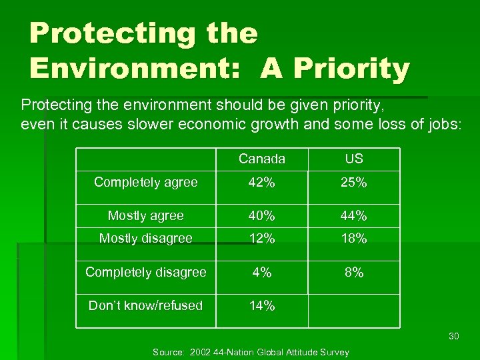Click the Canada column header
(x=262, y=159)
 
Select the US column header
(x=354, y=159)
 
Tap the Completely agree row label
(x=146, y=182)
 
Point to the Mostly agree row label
(x=146, y=215)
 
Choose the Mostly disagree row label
(x=146, y=238)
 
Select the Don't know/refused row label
(x=146, y=305)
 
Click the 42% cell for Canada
(x=262, y=183)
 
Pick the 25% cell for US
(x=354, y=183)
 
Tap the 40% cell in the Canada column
(x=262, y=216)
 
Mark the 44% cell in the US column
(x=354, y=216)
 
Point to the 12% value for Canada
(x=262, y=239)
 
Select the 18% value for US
(x=354, y=239)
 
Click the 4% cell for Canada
(x=262, y=272)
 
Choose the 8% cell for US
(x=354, y=272)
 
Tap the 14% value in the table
(x=262, y=306)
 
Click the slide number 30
(x=454, y=336)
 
